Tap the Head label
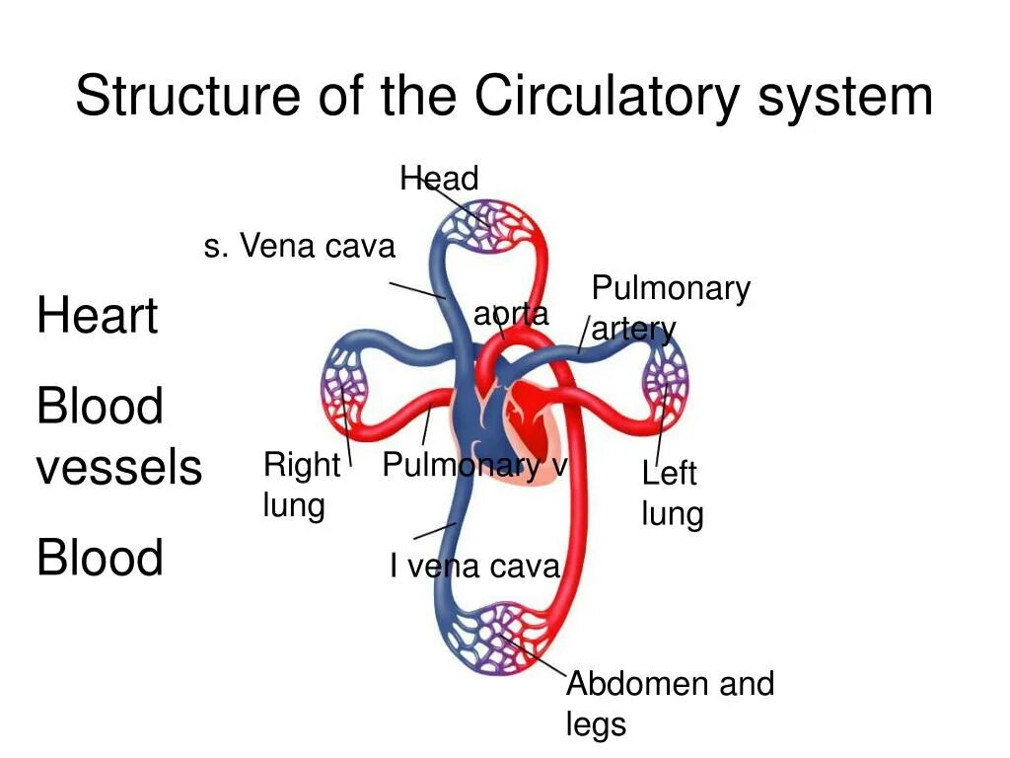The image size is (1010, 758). click(x=439, y=179)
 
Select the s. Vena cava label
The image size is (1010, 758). click(x=299, y=246)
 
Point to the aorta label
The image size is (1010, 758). click(x=511, y=314)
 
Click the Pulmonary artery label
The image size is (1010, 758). click(x=670, y=308)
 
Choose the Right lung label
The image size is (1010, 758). click(x=300, y=485)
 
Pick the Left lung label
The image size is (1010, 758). click(x=672, y=493)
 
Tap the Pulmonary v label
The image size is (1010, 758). click(x=474, y=465)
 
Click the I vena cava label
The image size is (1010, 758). click(x=474, y=567)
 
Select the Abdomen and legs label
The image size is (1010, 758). click(x=670, y=704)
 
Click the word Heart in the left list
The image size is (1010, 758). click(x=97, y=317)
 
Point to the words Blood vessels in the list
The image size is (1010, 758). click(x=118, y=436)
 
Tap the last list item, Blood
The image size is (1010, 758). click(x=100, y=558)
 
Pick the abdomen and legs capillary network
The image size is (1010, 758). click(x=493, y=637)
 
